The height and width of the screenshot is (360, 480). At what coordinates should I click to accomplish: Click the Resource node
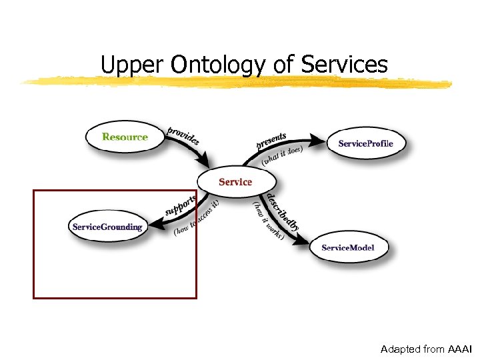click(125, 137)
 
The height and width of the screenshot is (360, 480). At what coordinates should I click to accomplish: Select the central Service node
click(235, 182)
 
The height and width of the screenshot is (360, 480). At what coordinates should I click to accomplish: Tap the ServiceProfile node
click(365, 144)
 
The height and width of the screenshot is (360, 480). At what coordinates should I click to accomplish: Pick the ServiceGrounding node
click(107, 227)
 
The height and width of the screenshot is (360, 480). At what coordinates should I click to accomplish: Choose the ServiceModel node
click(347, 248)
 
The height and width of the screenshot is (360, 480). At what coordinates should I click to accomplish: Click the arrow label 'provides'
click(183, 136)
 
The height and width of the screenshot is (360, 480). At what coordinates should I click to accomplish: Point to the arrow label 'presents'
click(271, 141)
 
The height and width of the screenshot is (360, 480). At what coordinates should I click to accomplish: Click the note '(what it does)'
click(282, 155)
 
